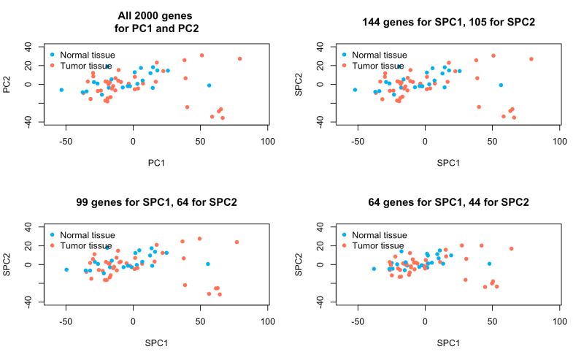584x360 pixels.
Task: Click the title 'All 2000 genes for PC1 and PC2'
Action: [x=156, y=22]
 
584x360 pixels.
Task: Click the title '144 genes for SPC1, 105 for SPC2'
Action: [x=448, y=22]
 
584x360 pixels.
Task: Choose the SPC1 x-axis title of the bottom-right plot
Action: [x=448, y=341]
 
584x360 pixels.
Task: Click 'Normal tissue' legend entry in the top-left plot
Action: [x=87, y=55]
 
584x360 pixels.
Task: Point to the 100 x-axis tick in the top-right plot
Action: [x=559, y=140]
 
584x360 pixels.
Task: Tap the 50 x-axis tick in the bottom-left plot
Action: [x=200, y=321]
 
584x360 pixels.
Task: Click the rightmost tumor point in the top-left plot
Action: [x=239, y=58]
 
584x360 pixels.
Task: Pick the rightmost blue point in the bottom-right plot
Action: [x=489, y=264]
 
